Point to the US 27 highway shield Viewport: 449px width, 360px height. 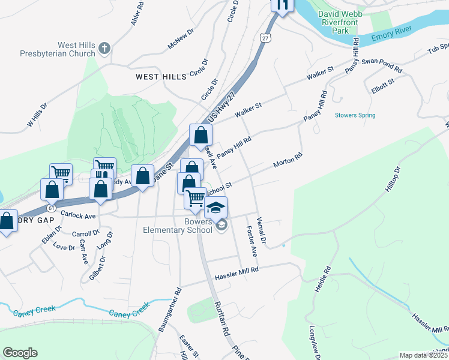pos(265,38)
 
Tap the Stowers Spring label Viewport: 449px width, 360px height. pos(355,115)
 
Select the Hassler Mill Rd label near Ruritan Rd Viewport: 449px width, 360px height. pos(237,271)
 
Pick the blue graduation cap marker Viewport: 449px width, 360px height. pos(216,208)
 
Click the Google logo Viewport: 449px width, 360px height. pos(20,353)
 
